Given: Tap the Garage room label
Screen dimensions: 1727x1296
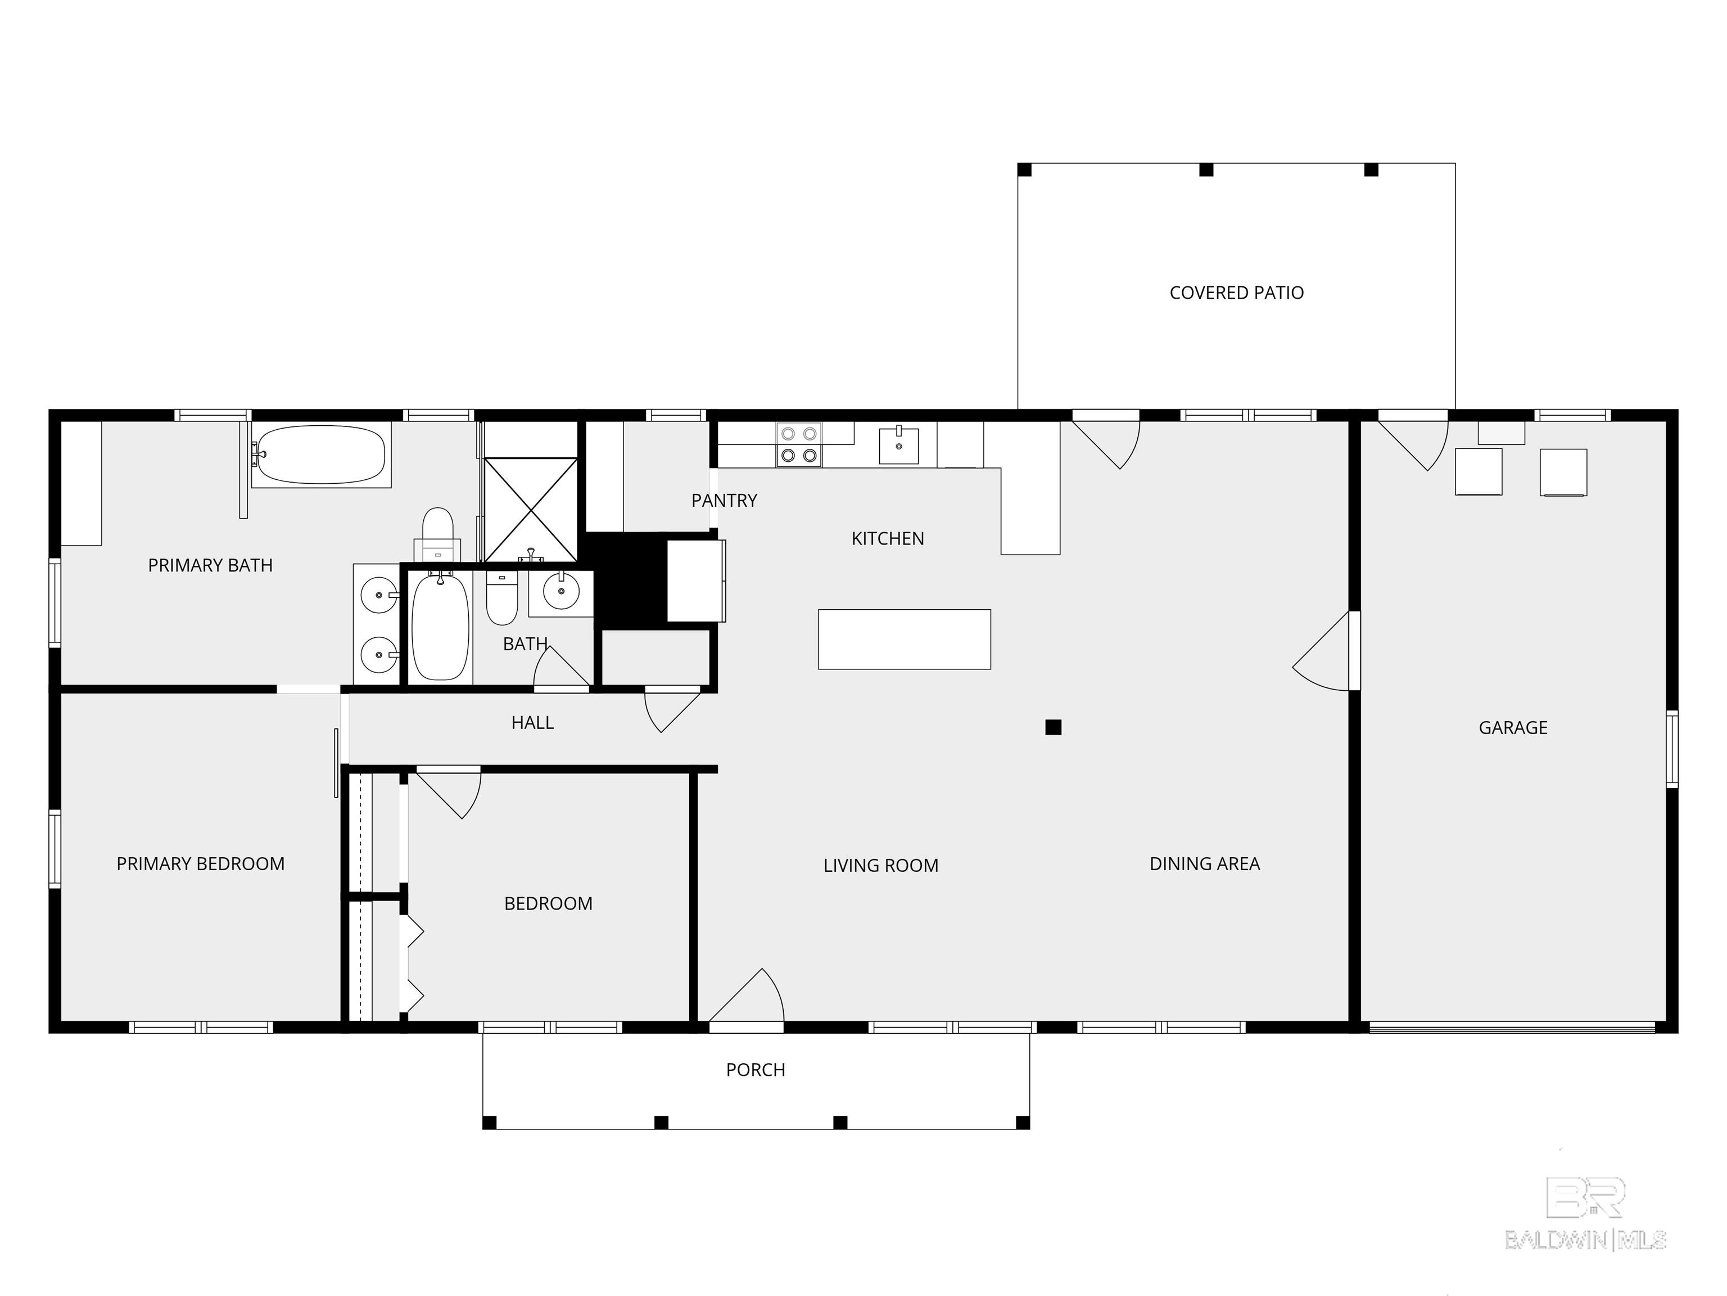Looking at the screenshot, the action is (1512, 728).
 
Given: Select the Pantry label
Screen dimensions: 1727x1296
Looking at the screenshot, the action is (724, 501).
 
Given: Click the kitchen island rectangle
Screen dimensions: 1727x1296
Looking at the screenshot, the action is (904, 639).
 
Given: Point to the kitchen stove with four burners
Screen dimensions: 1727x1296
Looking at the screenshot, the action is (799, 444).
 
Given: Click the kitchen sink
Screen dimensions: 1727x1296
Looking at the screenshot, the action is (898, 444).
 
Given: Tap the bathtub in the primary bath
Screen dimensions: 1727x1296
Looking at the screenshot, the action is (321, 454).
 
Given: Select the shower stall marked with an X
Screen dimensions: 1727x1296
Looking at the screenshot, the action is (531, 509).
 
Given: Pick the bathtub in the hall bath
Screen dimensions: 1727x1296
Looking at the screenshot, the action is (440, 627).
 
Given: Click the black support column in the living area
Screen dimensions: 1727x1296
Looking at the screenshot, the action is (1053, 727).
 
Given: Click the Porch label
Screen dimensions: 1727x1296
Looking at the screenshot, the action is (755, 1070).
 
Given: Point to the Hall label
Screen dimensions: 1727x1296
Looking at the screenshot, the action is (532, 723).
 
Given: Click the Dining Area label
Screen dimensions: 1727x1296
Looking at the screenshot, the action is (1205, 864).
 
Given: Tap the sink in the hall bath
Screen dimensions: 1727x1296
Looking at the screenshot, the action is (560, 592).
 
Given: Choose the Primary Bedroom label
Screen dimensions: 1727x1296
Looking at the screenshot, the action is (201, 864).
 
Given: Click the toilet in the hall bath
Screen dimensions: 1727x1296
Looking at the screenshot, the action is (501, 597).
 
